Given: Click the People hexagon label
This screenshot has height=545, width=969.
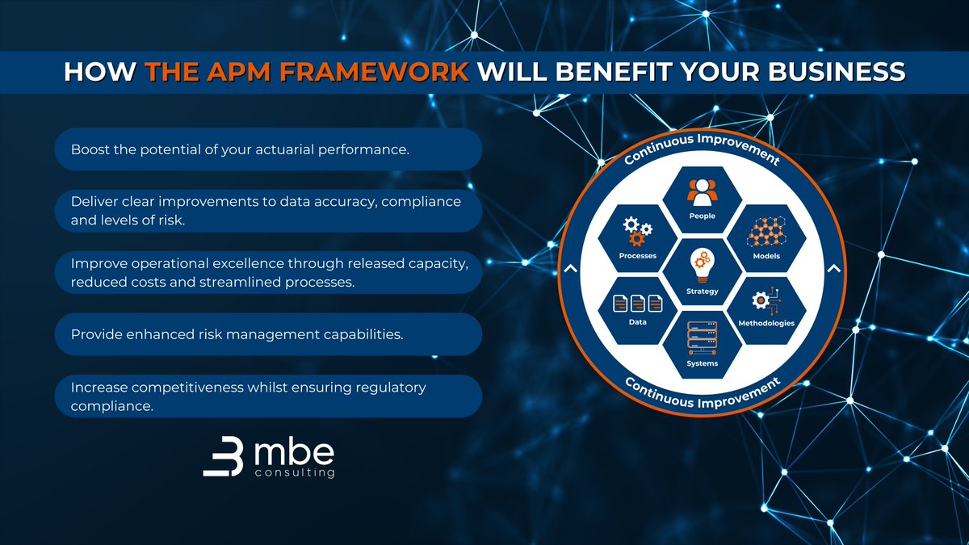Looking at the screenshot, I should click(702, 216).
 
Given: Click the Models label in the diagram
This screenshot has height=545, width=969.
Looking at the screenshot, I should click(766, 256).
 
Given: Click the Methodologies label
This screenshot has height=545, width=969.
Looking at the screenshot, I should click(766, 323).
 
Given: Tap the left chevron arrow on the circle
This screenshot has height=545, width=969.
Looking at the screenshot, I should click(571, 269).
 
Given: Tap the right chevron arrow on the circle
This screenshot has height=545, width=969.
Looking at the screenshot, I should click(833, 269).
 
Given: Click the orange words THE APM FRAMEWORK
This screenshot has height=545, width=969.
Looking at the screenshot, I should click(308, 70).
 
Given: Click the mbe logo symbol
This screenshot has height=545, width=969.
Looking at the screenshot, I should click(222, 459).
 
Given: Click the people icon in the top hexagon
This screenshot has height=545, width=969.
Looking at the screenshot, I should click(702, 191).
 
